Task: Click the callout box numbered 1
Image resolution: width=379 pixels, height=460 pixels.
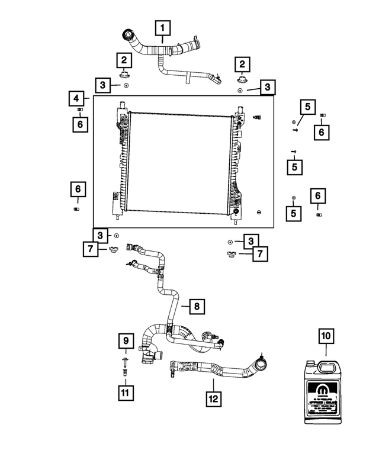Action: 163,27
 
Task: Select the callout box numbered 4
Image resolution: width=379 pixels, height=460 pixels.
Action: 75,98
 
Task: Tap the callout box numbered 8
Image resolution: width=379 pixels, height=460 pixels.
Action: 198,306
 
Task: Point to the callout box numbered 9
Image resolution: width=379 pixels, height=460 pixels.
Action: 126,341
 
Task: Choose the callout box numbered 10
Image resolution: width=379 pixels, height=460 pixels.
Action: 325,336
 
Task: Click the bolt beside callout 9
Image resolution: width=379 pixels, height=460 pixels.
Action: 126,360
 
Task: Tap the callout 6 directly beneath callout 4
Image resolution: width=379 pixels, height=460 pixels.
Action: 79,124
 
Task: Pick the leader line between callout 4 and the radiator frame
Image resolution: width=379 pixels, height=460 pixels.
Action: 88,98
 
